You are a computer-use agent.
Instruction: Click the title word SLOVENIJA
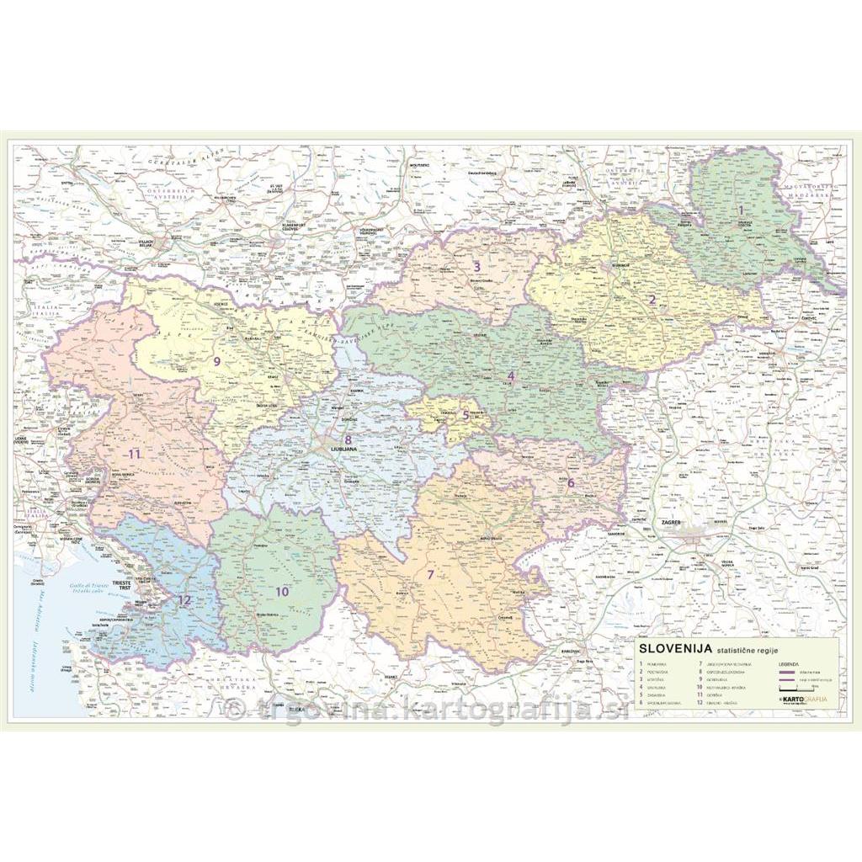[x=676, y=649]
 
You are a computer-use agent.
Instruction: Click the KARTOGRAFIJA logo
[x=803, y=700]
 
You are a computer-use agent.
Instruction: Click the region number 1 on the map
[x=741, y=210]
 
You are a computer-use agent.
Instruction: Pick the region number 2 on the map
[x=652, y=299]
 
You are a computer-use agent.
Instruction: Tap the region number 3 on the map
[x=476, y=267]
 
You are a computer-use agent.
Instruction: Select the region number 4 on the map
[x=510, y=375]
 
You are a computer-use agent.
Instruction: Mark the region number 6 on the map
[x=570, y=483]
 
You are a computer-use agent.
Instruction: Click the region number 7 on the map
[x=431, y=575]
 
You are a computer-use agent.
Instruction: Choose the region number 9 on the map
[x=216, y=361]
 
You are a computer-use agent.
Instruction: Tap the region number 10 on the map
[x=282, y=591]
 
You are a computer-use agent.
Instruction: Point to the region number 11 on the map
[x=133, y=455]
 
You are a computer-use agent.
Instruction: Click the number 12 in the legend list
[x=700, y=701]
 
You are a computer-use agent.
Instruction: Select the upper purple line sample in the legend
[x=789, y=673]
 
